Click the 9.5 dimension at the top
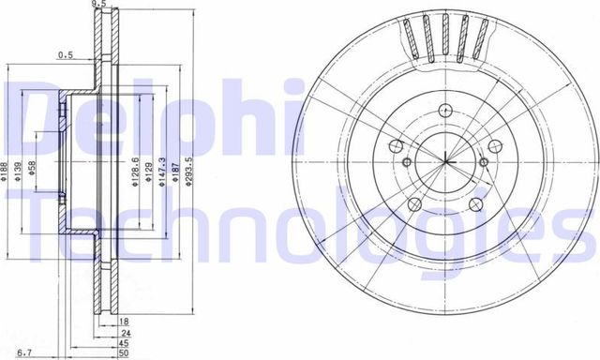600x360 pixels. pos(97,5)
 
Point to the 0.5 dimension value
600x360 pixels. pos(65,54)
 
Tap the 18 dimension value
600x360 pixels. pos(125,322)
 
